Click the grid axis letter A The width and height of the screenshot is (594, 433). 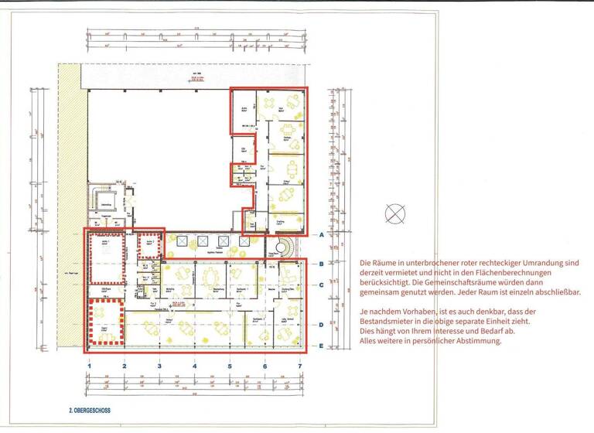point(320,233)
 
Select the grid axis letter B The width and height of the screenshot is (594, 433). point(320,264)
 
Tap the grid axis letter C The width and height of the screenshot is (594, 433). point(320,285)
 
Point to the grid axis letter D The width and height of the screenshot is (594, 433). point(320,325)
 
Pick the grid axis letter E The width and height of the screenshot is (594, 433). point(320,346)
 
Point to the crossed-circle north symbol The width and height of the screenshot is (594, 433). point(394,213)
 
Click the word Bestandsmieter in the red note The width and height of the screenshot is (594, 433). point(390,321)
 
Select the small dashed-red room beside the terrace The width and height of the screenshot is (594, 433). point(148,246)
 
